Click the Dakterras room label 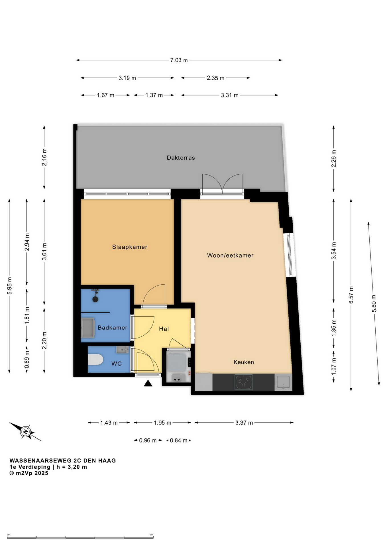click(x=181, y=158)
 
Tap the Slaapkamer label click(x=130, y=247)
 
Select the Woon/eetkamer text click(x=230, y=255)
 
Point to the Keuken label click(x=244, y=362)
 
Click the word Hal click(x=164, y=329)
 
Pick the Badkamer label click(x=113, y=328)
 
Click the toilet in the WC click(x=95, y=360)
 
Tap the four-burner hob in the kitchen click(x=243, y=382)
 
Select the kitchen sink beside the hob click(x=284, y=382)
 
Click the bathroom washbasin click(x=88, y=328)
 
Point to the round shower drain click(x=95, y=299)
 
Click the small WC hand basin click(x=122, y=350)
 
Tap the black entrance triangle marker click(x=148, y=383)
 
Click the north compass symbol click(x=26, y=431)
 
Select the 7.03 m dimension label click(x=179, y=60)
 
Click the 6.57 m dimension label click(x=351, y=295)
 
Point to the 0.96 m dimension click(x=148, y=440)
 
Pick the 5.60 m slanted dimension click(x=374, y=303)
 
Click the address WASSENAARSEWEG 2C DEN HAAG click(x=63, y=461)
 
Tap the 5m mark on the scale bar click(x=152, y=534)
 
